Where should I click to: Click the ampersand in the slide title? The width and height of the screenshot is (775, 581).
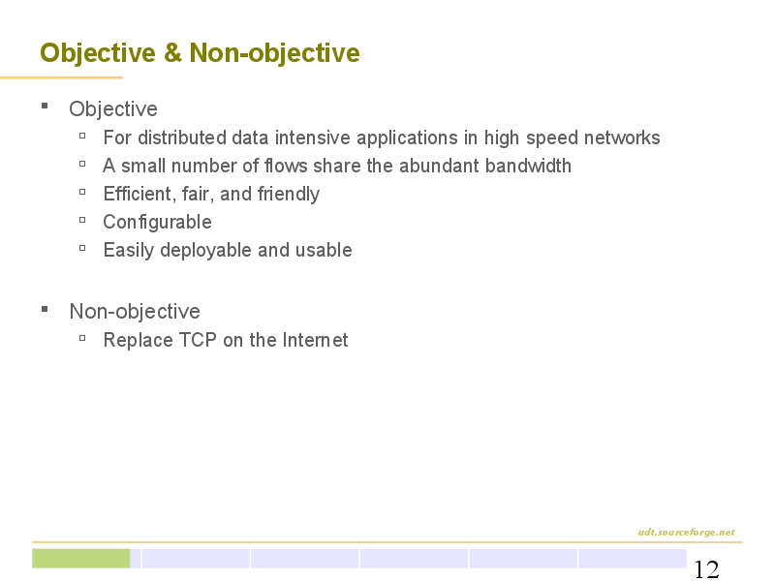click(x=172, y=53)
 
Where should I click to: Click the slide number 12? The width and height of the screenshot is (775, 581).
click(x=706, y=569)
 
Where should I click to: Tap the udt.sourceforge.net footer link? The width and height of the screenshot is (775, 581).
click(x=686, y=532)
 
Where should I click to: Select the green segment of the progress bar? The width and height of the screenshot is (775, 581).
click(x=81, y=559)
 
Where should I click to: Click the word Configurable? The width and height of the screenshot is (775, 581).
click(x=157, y=223)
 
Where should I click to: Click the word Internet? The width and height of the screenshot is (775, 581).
click(x=316, y=340)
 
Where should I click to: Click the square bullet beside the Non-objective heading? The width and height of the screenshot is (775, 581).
click(x=45, y=309)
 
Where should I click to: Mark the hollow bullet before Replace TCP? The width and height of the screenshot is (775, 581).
click(x=82, y=338)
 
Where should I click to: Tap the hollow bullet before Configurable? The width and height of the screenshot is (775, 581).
click(x=82, y=220)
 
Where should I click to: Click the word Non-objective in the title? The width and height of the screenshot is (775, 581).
click(x=274, y=53)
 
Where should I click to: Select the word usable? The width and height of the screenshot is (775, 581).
click(x=324, y=250)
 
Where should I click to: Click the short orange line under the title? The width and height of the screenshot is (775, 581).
click(x=61, y=77)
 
